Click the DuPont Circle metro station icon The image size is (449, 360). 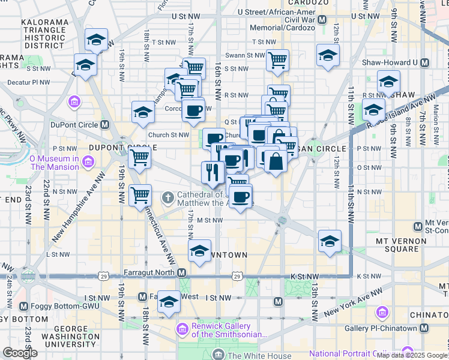104,125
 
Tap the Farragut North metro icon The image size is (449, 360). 181,272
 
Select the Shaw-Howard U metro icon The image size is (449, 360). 424,62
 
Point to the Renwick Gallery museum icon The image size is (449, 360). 182,329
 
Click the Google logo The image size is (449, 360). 20,353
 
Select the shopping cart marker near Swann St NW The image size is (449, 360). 277,59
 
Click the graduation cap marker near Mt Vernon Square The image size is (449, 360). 329,241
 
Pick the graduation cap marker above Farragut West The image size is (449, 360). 169,302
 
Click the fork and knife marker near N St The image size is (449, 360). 212,173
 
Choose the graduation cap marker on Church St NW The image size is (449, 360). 143,112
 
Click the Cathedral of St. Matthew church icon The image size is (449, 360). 169,196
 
